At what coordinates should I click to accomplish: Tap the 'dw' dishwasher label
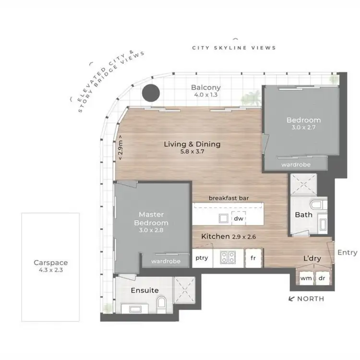(x=239, y=218)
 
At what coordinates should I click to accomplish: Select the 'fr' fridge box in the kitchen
(x=253, y=258)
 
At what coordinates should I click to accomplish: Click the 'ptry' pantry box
(x=202, y=258)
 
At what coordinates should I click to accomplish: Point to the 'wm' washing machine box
(x=305, y=278)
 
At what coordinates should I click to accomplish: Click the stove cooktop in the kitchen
(x=227, y=258)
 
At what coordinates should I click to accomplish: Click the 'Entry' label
(x=347, y=252)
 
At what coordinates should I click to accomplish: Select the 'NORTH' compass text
(x=311, y=299)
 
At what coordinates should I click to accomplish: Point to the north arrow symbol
(x=291, y=299)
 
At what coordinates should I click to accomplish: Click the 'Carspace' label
(x=50, y=263)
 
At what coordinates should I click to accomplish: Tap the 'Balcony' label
(x=205, y=87)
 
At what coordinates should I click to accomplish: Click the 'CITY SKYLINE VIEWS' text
(x=234, y=48)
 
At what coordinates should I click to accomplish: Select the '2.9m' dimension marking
(x=121, y=150)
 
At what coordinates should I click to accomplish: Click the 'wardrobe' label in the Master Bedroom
(x=166, y=262)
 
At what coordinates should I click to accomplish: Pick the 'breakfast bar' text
(x=228, y=198)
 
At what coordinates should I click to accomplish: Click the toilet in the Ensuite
(x=162, y=302)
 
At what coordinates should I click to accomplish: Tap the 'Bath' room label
(x=303, y=215)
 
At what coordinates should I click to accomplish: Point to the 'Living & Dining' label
(x=192, y=144)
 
